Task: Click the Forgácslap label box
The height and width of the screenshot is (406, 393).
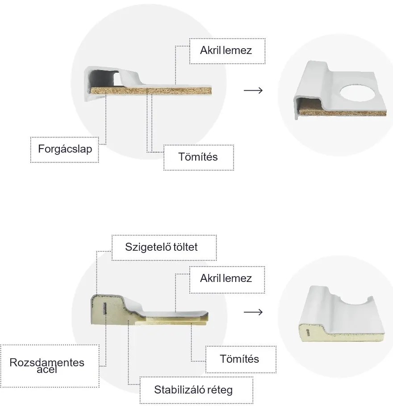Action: click(x=65, y=149)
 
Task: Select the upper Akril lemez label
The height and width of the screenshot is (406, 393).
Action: click(x=226, y=50)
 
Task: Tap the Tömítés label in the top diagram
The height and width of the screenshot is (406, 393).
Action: click(x=198, y=157)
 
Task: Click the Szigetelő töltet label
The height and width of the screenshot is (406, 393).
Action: click(x=164, y=247)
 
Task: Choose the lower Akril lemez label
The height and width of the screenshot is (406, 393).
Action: click(x=226, y=279)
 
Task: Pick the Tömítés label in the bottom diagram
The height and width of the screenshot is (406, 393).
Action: click(x=240, y=359)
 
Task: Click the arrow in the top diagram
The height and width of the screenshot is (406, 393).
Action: click(x=253, y=91)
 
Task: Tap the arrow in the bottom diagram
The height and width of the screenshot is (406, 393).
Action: click(x=253, y=311)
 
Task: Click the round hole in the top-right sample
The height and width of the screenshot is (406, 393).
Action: click(x=360, y=92)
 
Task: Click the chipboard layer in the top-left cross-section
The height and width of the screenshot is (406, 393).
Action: click(x=152, y=91)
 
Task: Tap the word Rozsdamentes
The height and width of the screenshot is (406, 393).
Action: click(x=47, y=362)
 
